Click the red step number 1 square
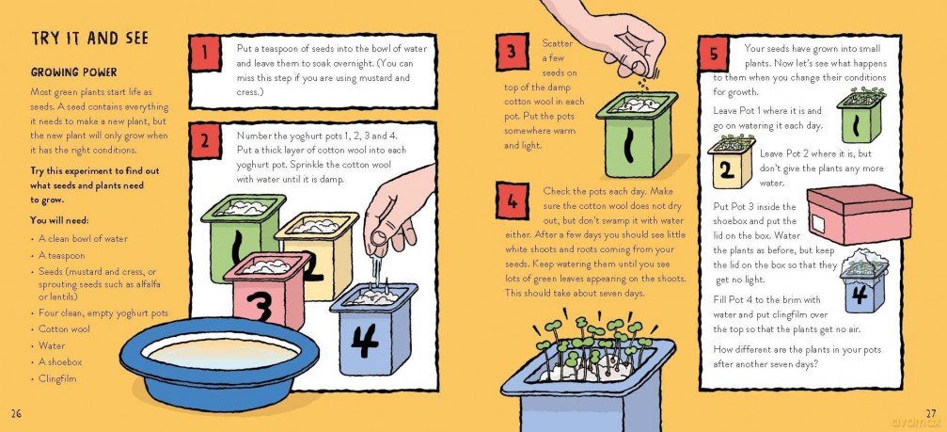click(204, 53)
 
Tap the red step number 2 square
click(204, 141)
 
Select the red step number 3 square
click(511, 52)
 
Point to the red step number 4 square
click(513, 200)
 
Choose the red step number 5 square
click(714, 55)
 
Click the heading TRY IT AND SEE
click(89, 39)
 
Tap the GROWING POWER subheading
click(73, 72)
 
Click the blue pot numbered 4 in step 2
click(373, 329)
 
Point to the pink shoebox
click(859, 215)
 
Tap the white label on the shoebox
click(818, 225)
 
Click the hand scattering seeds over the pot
click(610, 38)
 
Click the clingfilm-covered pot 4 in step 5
click(862, 281)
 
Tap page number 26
click(16, 413)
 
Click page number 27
click(931, 413)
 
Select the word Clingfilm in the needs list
click(57, 379)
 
